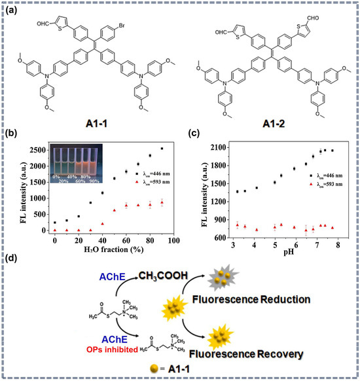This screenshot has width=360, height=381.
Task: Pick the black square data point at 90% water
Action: [x=162, y=149]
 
